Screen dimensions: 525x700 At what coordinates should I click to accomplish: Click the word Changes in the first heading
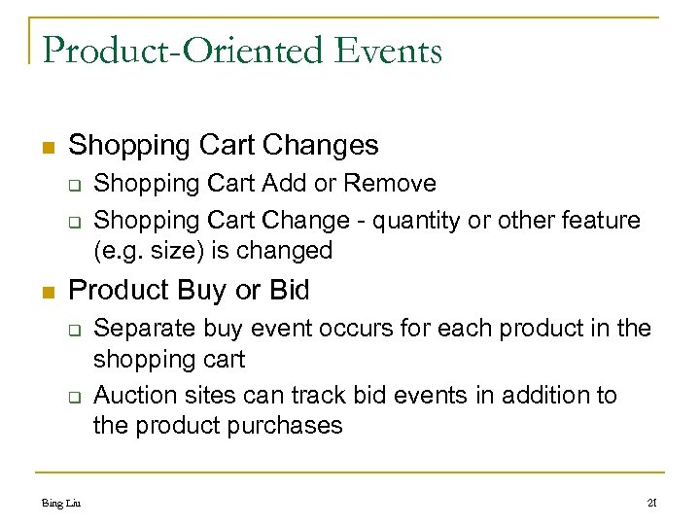(323, 145)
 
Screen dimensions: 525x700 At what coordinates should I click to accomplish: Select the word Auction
(136, 395)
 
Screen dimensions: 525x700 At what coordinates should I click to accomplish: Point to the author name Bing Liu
(61, 503)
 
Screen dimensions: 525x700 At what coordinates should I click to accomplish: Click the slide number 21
(652, 503)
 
